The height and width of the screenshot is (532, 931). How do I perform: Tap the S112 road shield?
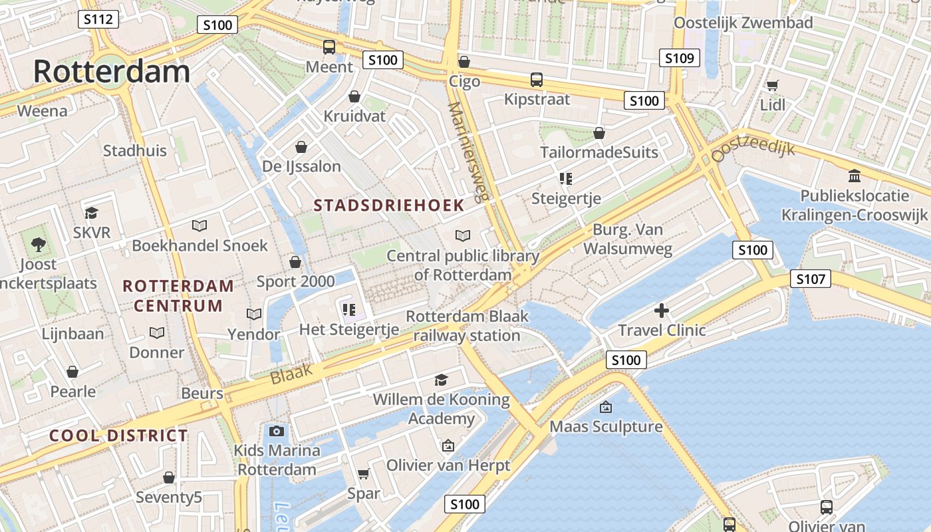[x=98, y=19]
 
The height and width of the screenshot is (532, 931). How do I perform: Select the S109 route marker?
[x=680, y=58]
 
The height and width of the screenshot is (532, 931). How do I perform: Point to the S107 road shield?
[x=811, y=279]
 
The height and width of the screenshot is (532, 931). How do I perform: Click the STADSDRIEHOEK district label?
[x=389, y=205]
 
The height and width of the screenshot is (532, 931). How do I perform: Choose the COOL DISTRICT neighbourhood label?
[x=119, y=436]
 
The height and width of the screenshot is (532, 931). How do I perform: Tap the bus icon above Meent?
[x=329, y=47]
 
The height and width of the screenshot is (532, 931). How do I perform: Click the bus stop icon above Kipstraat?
[x=537, y=80]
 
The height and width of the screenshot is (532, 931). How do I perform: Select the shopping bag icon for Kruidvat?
[x=354, y=96]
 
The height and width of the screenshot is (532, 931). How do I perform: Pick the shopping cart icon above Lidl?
[x=772, y=85]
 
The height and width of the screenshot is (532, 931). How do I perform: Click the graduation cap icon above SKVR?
[x=91, y=213]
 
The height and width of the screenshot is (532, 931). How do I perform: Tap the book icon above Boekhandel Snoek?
[x=199, y=225]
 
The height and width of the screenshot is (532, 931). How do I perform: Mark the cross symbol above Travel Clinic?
[x=662, y=311]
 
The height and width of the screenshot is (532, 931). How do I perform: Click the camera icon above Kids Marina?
[x=277, y=431]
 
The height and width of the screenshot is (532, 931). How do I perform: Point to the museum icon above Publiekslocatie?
[x=855, y=176]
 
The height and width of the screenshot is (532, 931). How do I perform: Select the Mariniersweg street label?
[x=468, y=152]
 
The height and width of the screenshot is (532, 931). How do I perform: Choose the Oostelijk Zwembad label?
[x=743, y=23]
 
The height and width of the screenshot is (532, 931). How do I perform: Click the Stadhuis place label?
[x=135, y=151]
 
